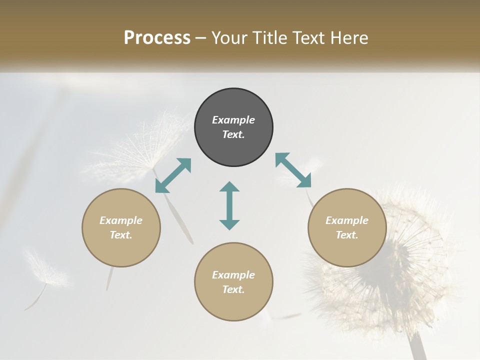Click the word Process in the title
157,38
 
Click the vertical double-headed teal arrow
229,205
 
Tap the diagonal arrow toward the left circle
173,175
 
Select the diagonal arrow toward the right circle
293,170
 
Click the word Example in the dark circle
233,120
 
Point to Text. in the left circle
121,235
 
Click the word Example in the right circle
347,220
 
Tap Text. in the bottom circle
233,289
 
